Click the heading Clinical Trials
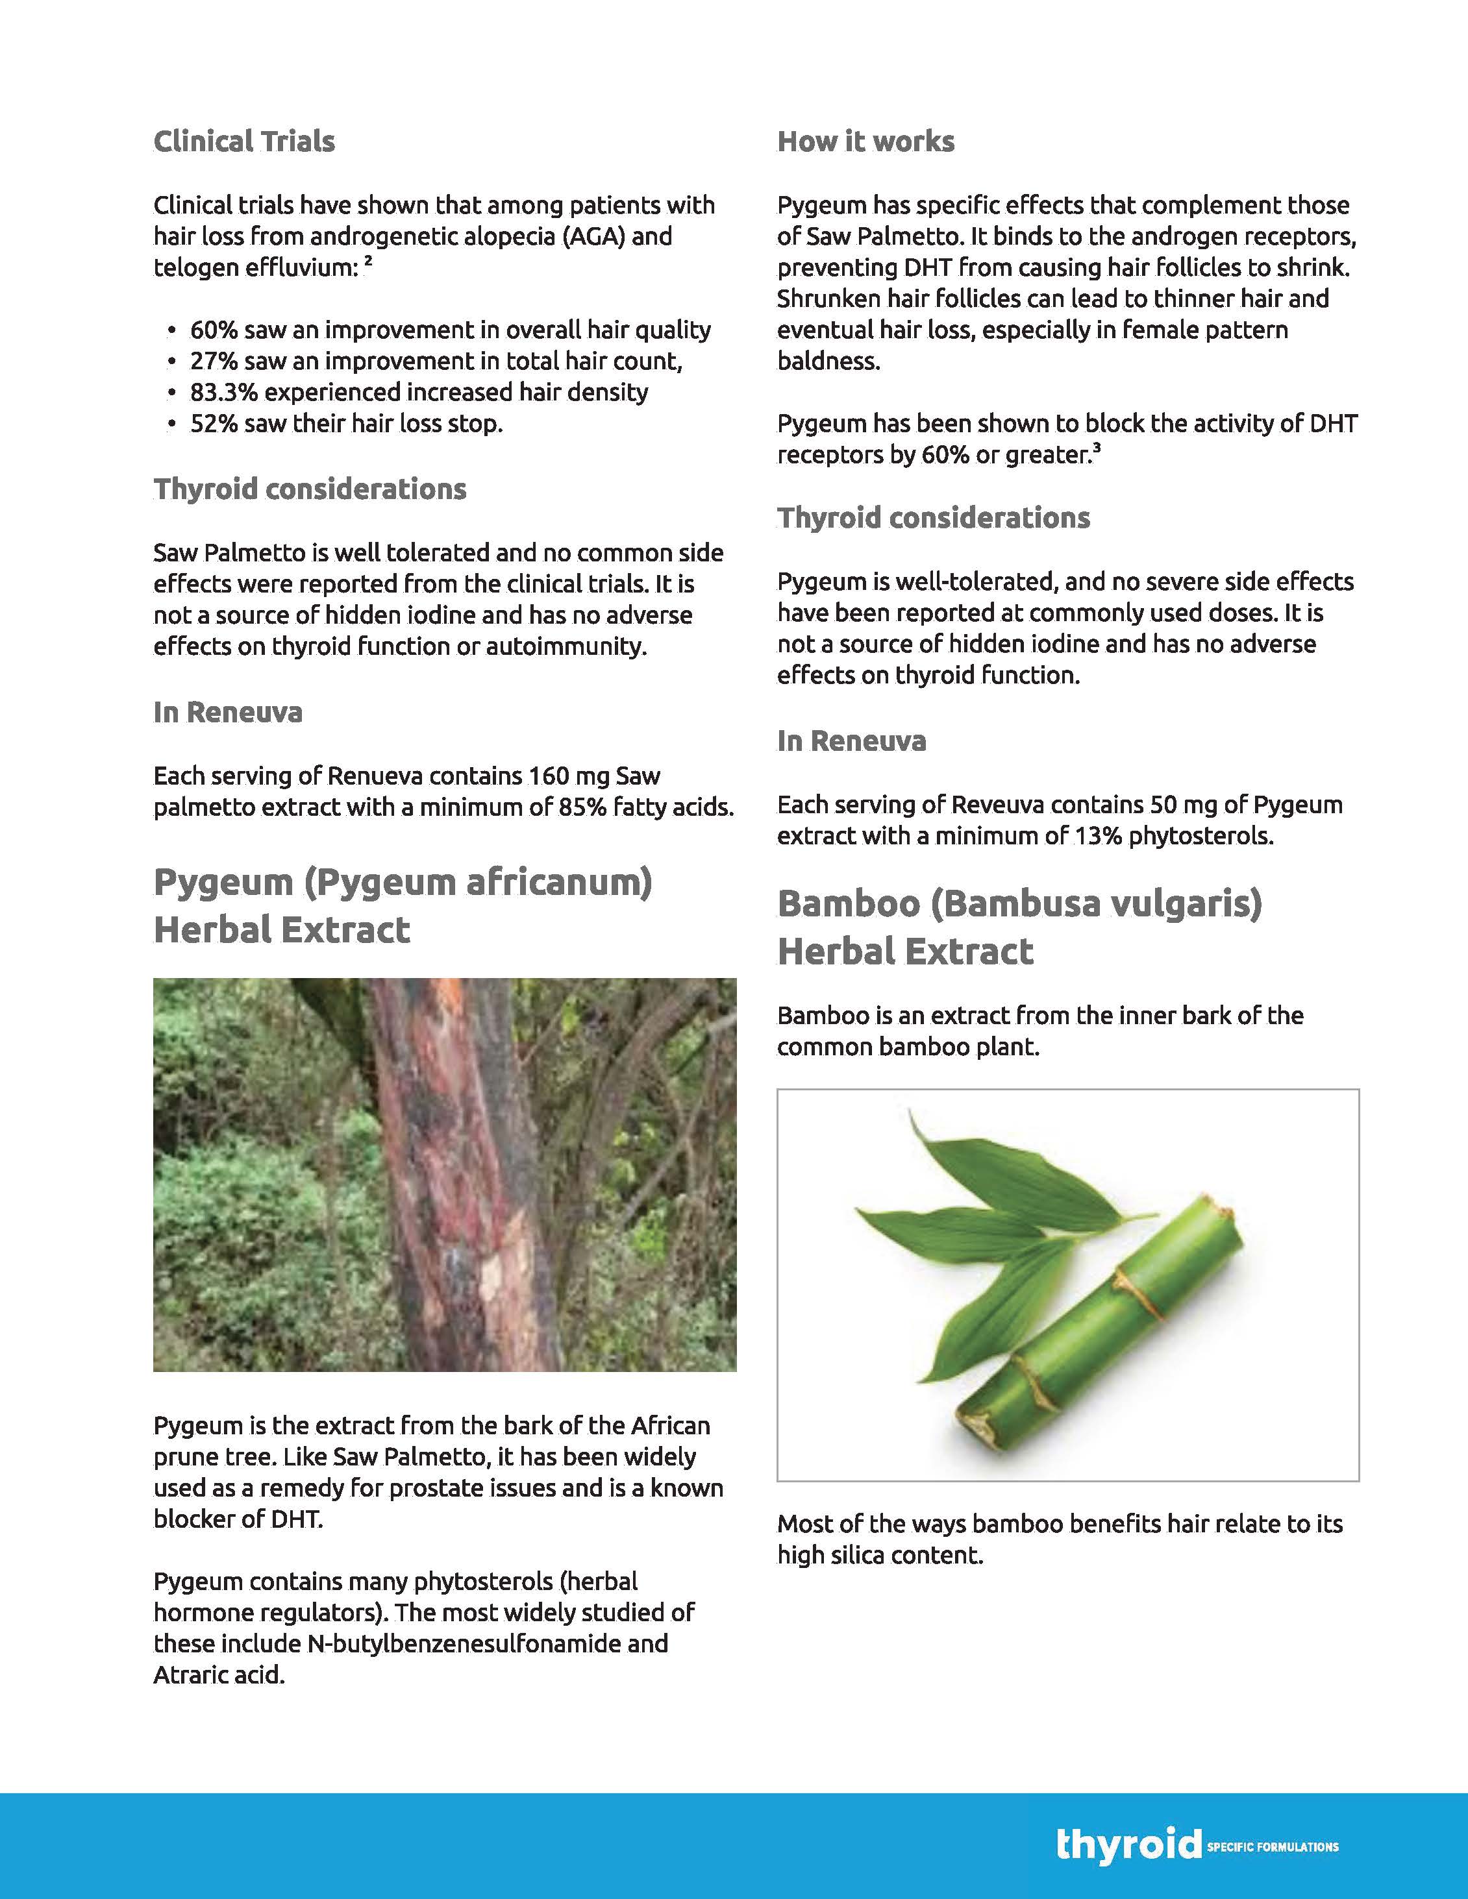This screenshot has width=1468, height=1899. coord(243,141)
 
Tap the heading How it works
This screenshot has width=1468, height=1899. coord(865,141)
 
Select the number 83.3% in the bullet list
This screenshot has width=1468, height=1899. coord(223,392)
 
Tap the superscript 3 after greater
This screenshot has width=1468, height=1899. coord(1097,448)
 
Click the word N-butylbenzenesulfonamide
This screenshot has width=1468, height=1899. coord(487,1643)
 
